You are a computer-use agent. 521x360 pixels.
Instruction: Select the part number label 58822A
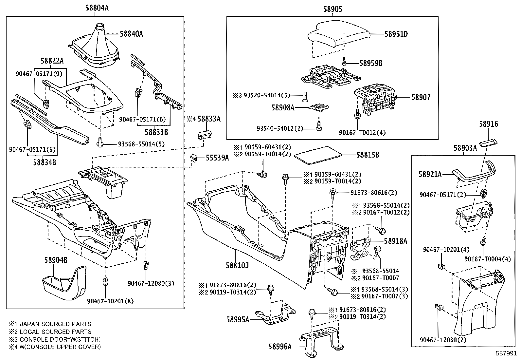(x=52, y=61)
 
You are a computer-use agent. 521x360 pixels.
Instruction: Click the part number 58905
(x=332, y=9)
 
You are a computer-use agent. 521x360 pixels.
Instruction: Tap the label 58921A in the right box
(x=430, y=174)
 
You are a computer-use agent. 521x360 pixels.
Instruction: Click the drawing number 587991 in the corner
(x=507, y=354)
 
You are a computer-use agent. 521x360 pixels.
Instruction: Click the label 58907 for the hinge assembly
(x=421, y=97)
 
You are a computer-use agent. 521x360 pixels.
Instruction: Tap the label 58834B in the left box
(x=45, y=161)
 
